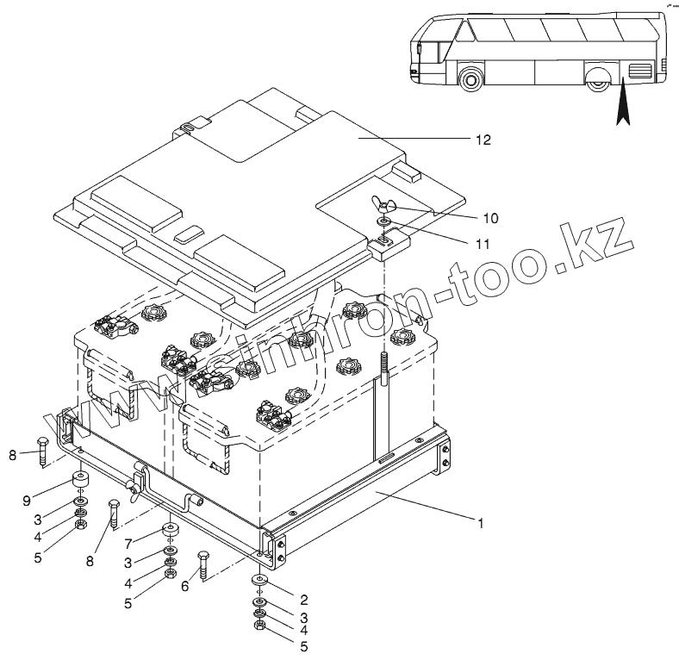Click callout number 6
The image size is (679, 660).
pos(184,584)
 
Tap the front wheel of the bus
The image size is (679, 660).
pos(470,81)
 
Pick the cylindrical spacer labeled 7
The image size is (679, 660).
pos(169,531)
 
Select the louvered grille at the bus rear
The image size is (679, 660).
pos(642,72)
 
